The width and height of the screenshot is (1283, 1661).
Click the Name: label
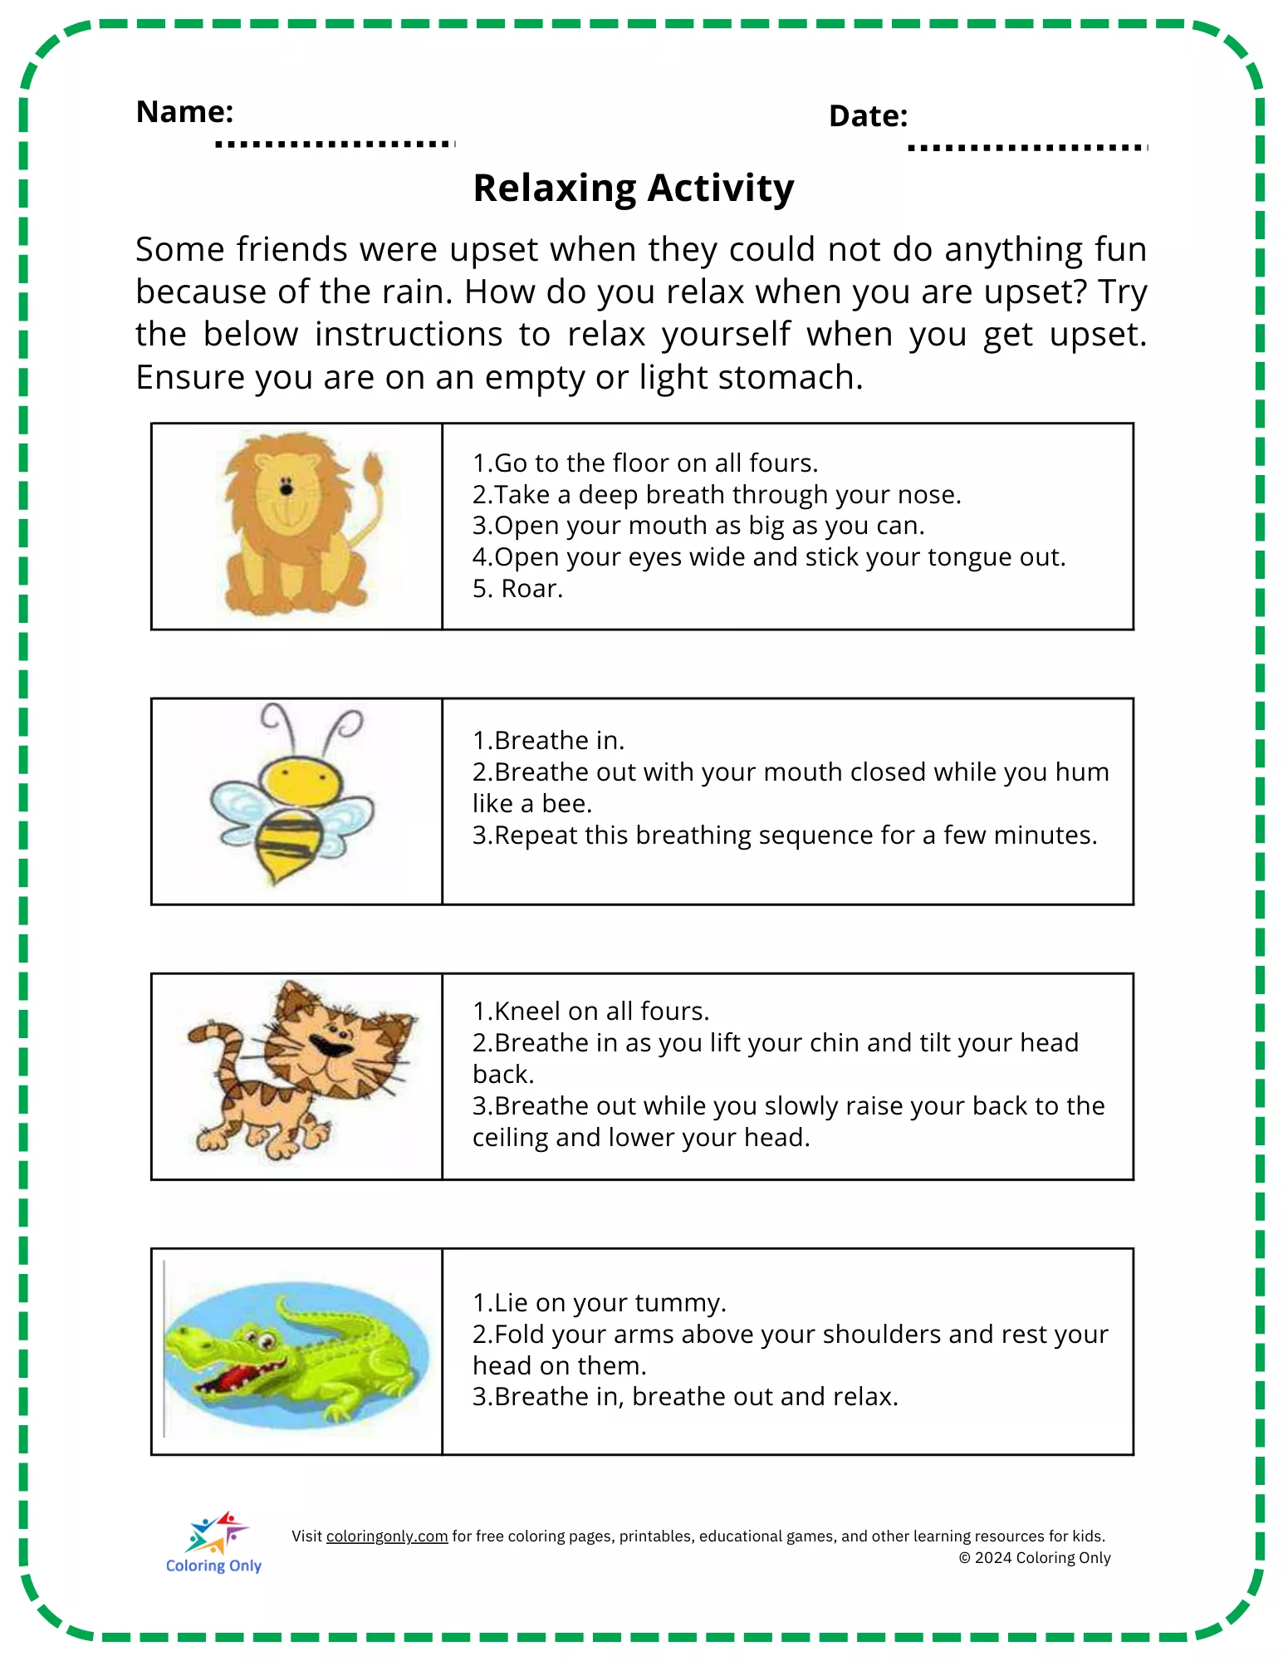coord(184,111)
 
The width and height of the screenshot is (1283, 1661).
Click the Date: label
coord(868,116)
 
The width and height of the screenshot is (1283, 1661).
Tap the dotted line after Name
coord(335,145)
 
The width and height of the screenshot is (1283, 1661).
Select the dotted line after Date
coord(1027,149)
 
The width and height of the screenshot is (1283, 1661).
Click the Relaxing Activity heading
coord(633,188)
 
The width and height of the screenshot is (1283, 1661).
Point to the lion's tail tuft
coord(373,469)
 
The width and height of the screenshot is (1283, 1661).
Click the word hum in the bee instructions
coord(1082,772)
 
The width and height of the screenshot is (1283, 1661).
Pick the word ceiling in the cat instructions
coord(511,1138)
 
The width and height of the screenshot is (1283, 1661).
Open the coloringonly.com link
coord(387,1536)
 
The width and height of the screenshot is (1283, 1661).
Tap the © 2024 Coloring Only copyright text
coord(1035,1558)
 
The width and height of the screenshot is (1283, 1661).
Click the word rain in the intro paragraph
coord(416,292)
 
